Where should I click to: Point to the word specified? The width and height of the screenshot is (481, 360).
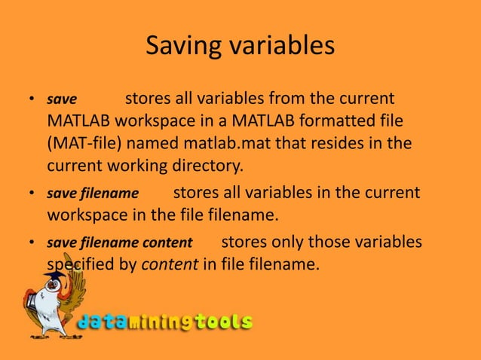[x=82, y=265]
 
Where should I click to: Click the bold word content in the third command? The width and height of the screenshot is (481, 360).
[x=171, y=243]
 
